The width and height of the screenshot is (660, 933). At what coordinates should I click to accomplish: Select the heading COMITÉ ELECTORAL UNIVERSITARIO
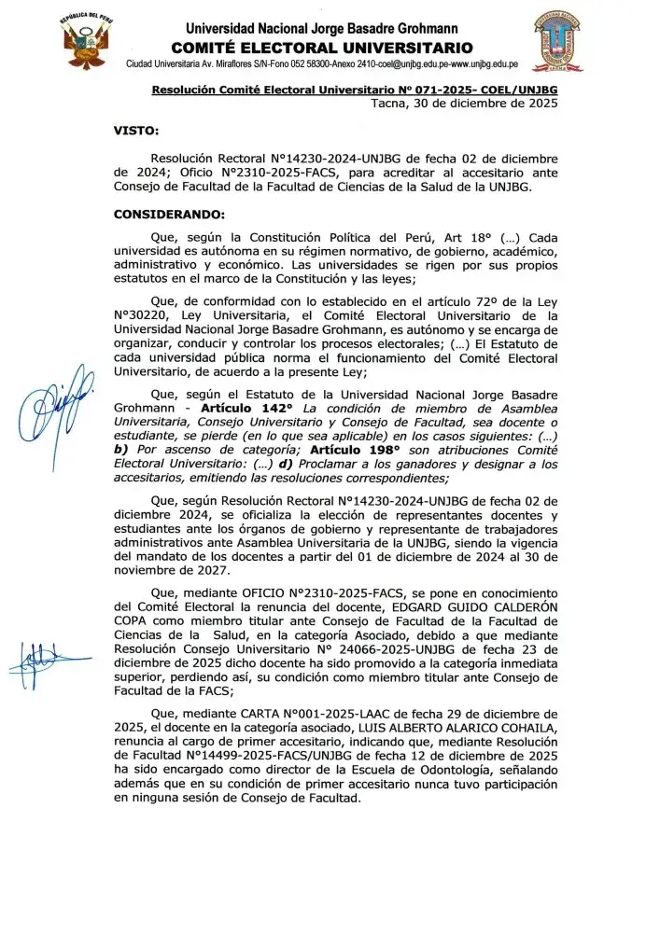click(x=322, y=48)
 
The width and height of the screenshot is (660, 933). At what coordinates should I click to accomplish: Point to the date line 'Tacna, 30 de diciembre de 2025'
click(x=464, y=103)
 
